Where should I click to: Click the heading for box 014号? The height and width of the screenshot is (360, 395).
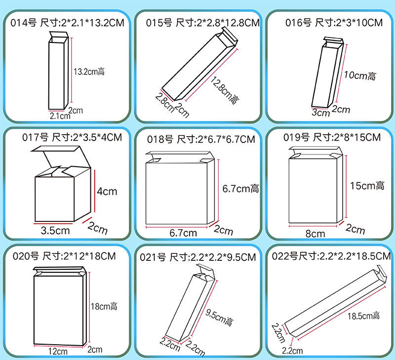[x=67, y=23]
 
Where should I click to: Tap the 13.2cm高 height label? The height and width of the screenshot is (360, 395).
[x=89, y=72]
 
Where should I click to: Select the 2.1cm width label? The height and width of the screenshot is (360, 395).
[x=60, y=116]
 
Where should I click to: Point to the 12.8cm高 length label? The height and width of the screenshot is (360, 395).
[x=224, y=90]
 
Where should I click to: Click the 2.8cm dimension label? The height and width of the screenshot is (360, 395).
[x=165, y=103]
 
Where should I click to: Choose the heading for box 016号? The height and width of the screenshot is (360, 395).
[x=334, y=23]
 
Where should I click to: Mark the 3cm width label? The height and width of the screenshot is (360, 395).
[x=320, y=112]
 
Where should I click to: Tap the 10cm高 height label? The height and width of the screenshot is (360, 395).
[x=360, y=75]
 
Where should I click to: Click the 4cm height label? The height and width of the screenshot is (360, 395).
[x=107, y=191]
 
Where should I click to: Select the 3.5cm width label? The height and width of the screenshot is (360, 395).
[x=55, y=230]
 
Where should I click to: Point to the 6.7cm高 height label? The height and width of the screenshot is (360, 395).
[x=240, y=189]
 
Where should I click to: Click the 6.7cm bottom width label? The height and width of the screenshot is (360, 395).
[x=183, y=233]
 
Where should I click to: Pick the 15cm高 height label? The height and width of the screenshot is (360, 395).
[x=367, y=186]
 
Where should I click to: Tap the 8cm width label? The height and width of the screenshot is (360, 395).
[x=315, y=234]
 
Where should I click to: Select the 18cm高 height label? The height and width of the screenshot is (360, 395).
[x=104, y=306]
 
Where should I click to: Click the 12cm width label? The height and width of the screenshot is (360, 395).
[x=58, y=351]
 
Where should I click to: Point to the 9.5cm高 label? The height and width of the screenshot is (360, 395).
[x=219, y=318]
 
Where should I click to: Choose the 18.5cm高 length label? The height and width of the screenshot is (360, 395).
[x=363, y=316]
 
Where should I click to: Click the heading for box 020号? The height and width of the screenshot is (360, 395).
[x=64, y=256]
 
